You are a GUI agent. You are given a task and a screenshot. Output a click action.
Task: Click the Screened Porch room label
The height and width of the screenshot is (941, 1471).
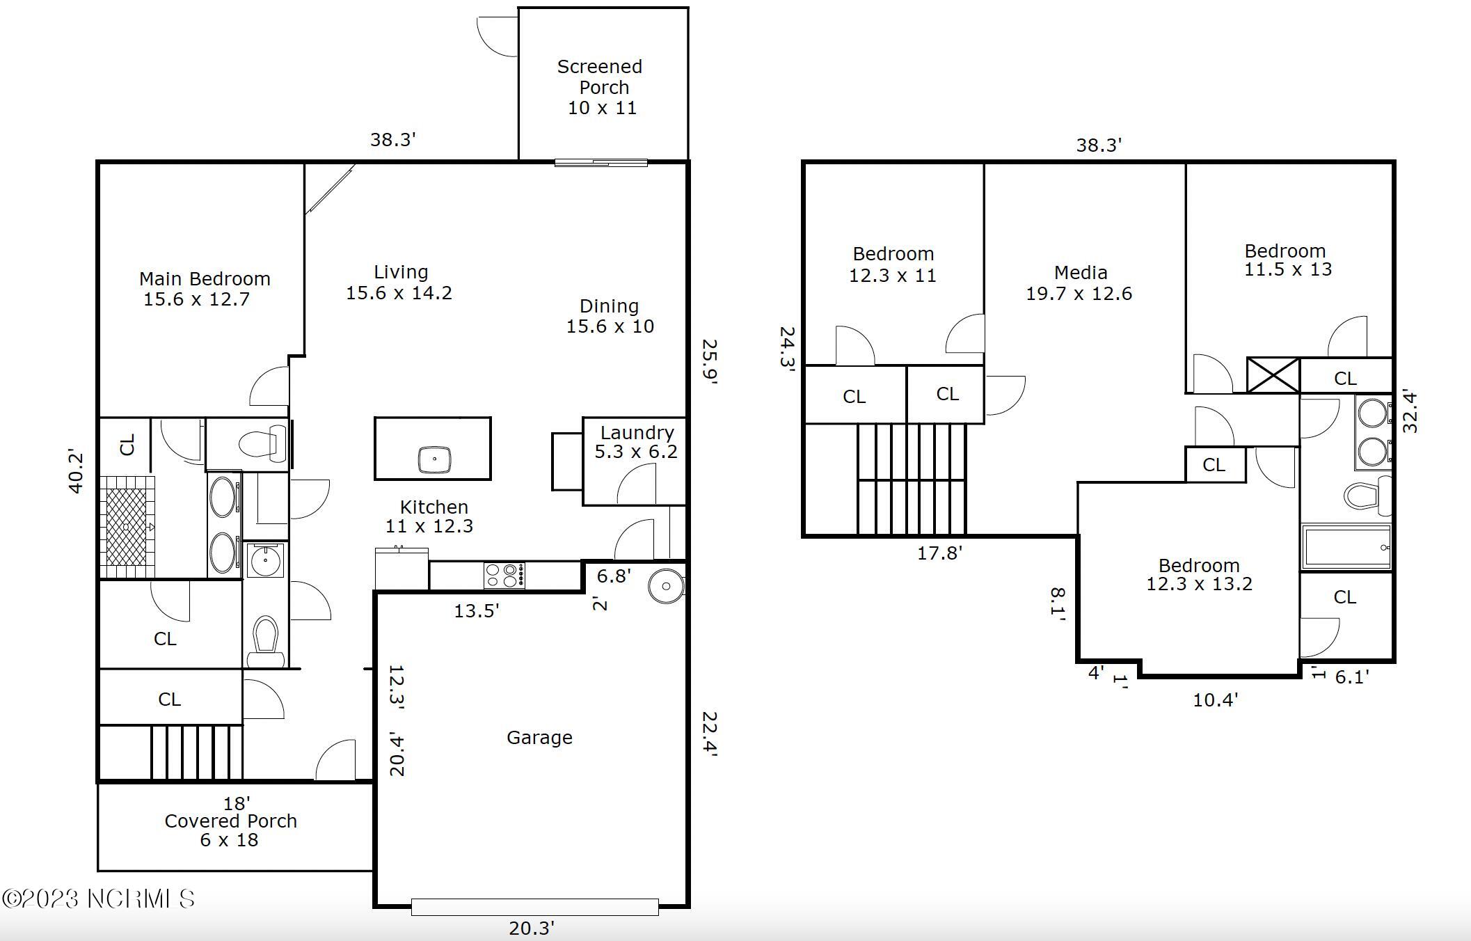600,86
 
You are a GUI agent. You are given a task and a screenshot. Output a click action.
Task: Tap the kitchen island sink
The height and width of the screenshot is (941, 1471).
434,459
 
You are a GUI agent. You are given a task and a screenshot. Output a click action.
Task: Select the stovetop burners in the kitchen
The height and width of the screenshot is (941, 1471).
504,576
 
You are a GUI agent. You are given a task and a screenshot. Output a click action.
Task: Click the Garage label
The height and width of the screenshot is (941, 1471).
539,737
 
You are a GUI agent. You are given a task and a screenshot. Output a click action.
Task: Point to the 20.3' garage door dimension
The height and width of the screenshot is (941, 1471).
532,928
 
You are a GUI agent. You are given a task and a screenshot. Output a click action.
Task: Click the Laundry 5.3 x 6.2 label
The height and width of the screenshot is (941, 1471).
636,442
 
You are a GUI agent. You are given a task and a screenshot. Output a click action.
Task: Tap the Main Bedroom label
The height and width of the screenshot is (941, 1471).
204,288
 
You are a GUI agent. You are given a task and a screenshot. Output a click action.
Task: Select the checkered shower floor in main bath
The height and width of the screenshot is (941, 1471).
127,527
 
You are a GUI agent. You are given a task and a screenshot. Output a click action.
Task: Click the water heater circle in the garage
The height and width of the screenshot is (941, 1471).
666,586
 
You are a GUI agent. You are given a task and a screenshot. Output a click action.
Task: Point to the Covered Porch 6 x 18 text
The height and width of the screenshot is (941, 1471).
230,830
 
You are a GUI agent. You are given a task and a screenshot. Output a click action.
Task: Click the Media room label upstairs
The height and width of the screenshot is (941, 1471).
1079,283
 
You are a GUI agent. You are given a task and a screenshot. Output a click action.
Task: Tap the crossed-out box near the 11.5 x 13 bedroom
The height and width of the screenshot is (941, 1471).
1273,376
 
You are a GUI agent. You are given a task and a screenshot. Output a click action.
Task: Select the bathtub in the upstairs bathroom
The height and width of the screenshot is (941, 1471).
1346,547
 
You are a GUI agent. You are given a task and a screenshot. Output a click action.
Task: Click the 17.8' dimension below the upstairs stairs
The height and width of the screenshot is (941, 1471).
939,553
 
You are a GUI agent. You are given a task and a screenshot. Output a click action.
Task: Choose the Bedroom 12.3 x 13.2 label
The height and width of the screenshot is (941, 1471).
1199,574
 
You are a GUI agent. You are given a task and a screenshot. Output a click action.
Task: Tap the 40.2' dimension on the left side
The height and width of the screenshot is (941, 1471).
76,472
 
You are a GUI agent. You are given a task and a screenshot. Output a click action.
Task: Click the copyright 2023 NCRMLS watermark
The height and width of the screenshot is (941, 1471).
98,899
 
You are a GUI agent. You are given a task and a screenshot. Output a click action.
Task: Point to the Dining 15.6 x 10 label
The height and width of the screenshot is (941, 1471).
610,316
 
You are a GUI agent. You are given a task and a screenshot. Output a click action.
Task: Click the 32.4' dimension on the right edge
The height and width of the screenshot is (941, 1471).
1410,411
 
